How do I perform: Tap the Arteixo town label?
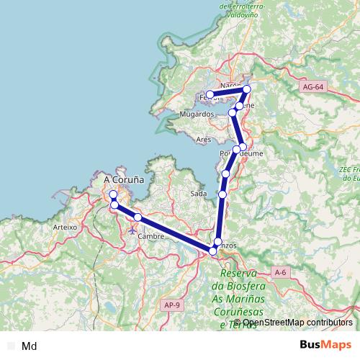coord(65,226)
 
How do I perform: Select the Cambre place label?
coord(150,236)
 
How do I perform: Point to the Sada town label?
coord(199,194)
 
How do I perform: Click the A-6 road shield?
coord(281,272)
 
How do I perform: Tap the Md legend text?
coord(30,346)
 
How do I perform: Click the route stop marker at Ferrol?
coord(210,94)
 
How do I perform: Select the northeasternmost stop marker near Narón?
coord(247,89)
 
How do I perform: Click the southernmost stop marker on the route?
coord(213,251)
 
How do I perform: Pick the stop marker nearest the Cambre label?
coord(138,217)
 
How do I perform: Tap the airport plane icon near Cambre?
coord(132,230)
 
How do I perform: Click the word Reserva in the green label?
coord(239,274)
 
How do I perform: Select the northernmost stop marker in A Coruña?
coord(113,194)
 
